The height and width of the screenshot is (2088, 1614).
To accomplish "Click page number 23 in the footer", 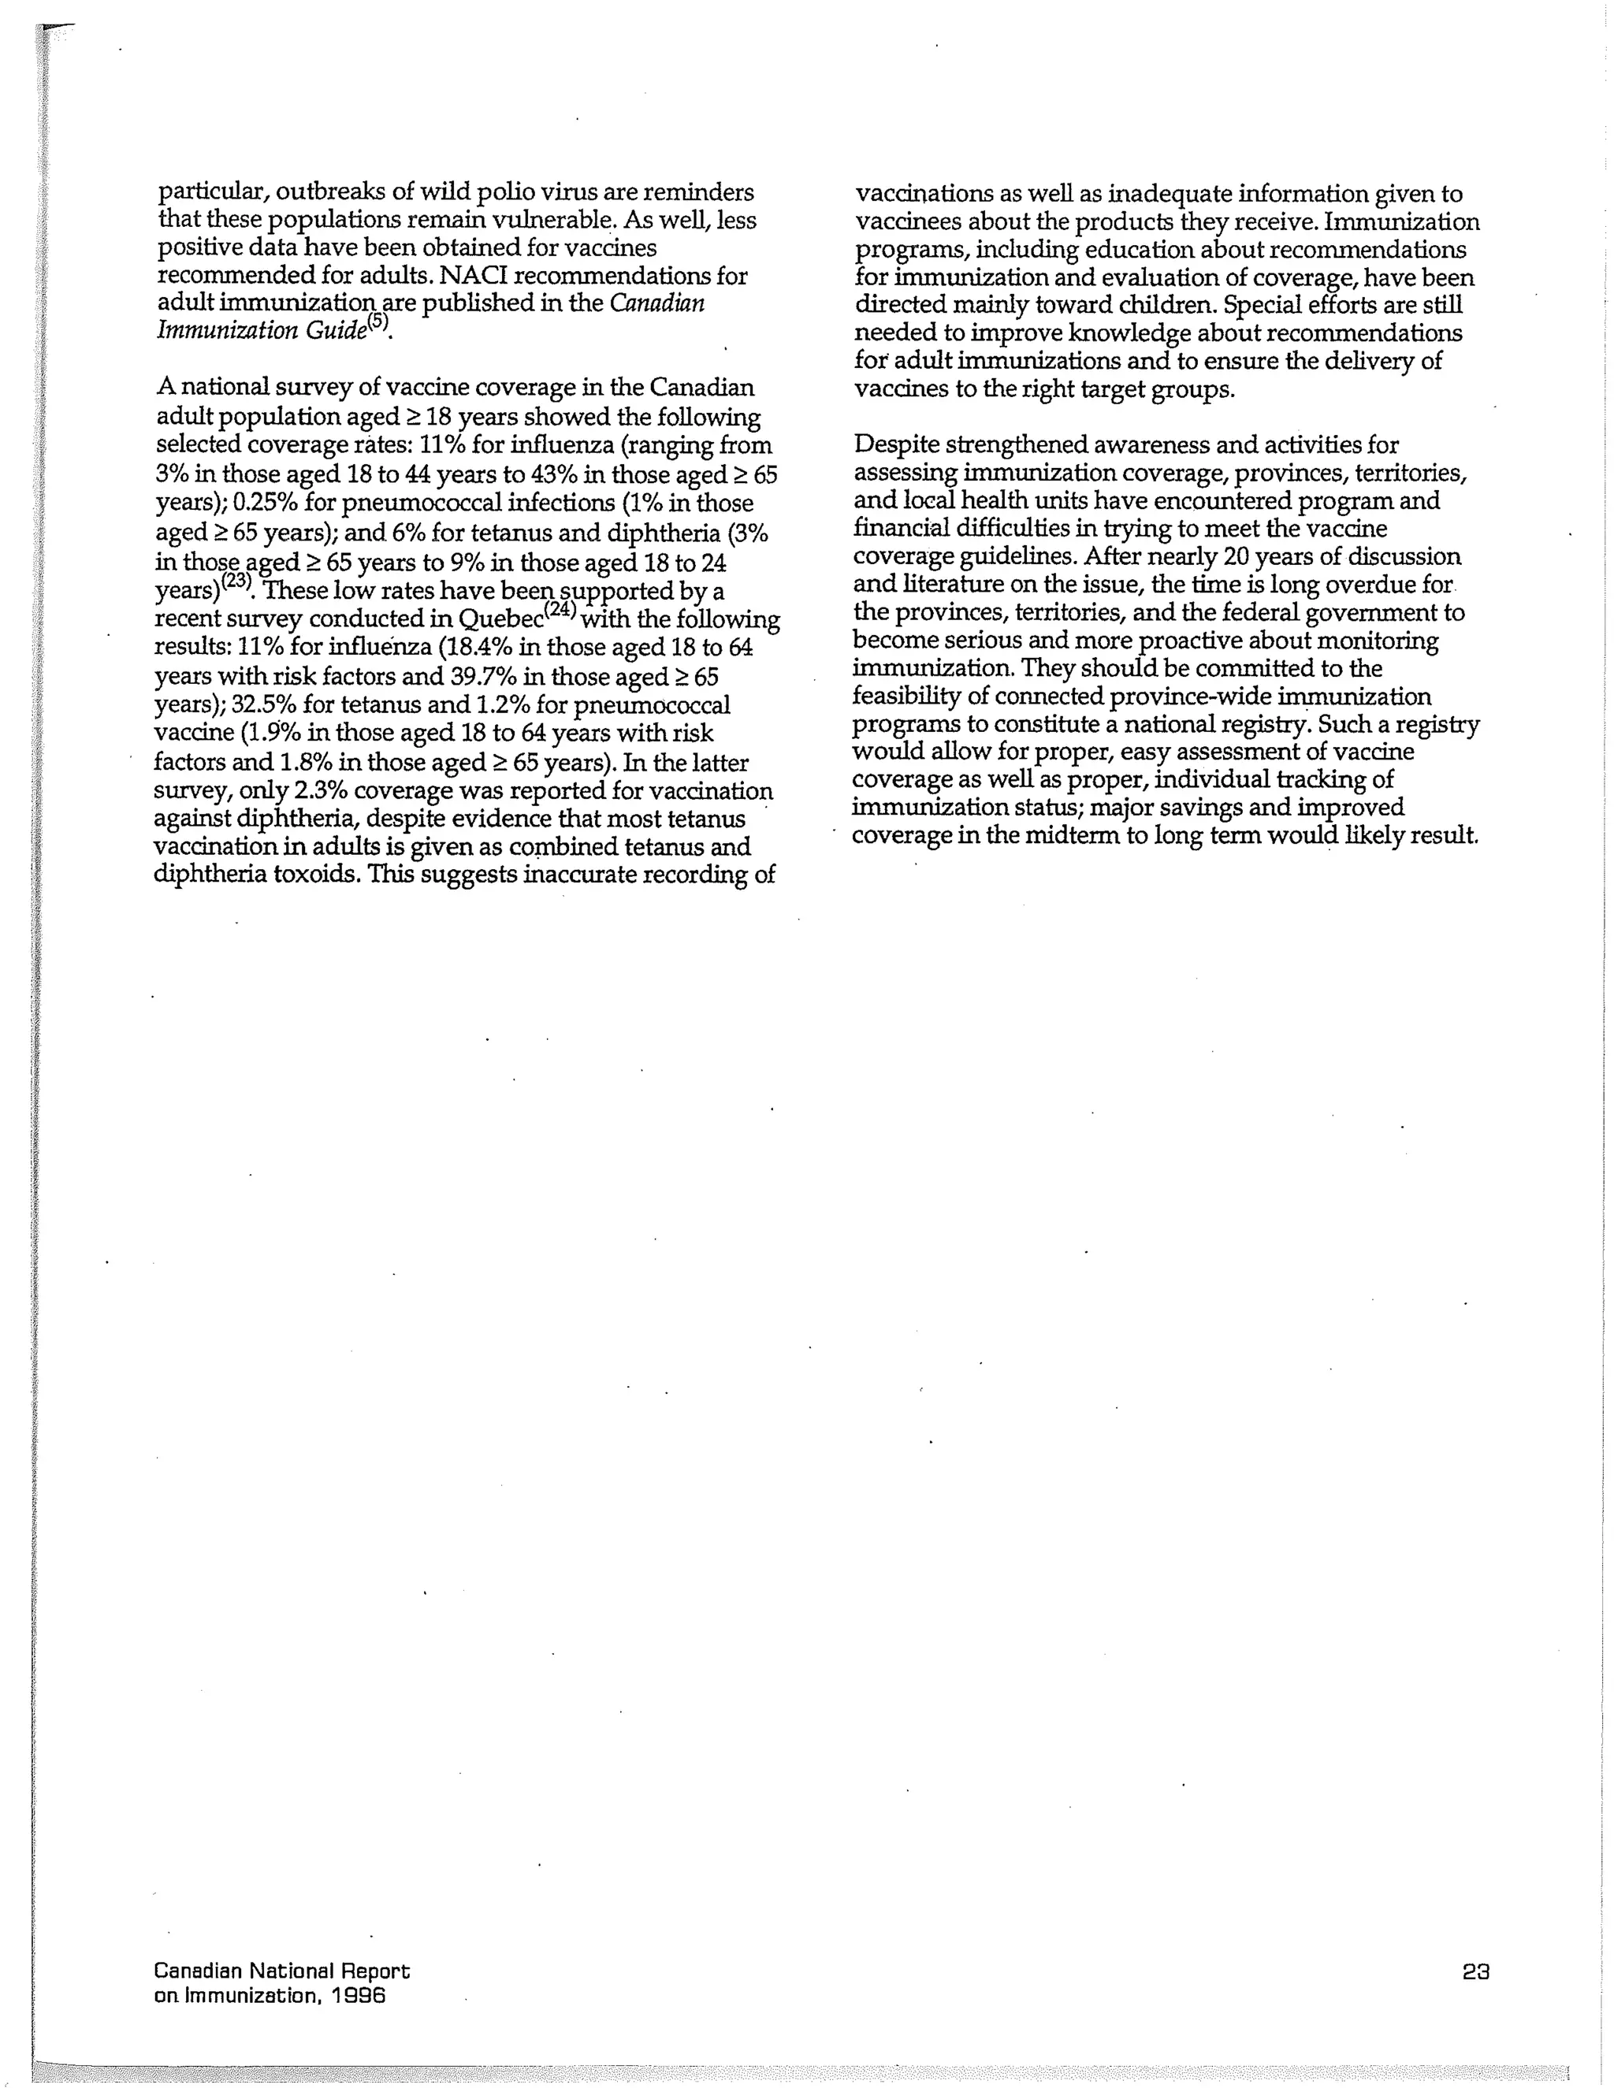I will (x=1475, y=1971).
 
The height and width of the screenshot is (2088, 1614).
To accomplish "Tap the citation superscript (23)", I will (x=237, y=579).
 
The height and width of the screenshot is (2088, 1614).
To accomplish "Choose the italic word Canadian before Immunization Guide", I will (x=658, y=303).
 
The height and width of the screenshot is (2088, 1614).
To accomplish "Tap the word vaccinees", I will (x=906, y=222).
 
